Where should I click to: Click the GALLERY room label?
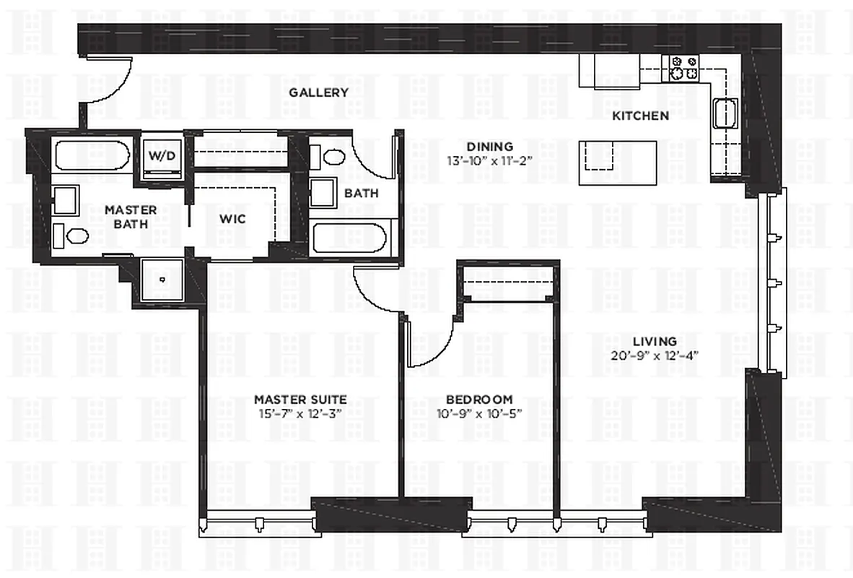point(318,92)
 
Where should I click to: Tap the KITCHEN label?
point(640,116)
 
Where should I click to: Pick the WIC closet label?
point(232,218)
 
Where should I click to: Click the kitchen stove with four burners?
point(685,68)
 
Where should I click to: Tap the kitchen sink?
point(724,114)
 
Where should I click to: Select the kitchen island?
point(618,155)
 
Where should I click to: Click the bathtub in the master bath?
point(91,155)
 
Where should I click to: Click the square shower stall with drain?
point(162,279)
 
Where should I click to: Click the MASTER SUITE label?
point(300,399)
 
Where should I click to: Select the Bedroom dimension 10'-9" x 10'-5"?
point(478,413)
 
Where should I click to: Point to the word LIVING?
point(655,341)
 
